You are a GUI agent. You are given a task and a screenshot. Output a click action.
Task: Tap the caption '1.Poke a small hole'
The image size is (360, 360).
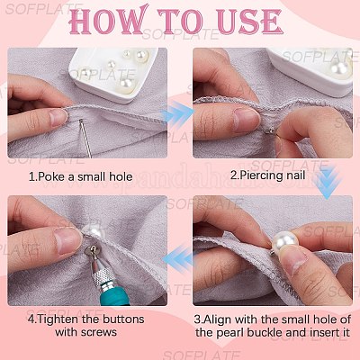click(x=81, y=176)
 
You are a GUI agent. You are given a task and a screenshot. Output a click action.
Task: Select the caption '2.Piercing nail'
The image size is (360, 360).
click(x=267, y=175)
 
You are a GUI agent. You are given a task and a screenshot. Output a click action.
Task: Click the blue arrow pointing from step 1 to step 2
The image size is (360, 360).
click(x=177, y=113)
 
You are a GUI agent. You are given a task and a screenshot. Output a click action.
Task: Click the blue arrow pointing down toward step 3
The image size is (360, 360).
click(x=328, y=183)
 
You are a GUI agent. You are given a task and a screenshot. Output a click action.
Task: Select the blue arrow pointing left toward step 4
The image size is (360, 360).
click(x=179, y=257)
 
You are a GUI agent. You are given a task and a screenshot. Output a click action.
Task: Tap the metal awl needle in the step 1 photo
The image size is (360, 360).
click(x=85, y=138)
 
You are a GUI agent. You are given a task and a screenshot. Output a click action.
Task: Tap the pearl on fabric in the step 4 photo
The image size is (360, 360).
click(x=92, y=230)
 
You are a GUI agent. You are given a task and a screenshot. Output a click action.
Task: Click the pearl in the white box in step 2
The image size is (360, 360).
click(x=339, y=69)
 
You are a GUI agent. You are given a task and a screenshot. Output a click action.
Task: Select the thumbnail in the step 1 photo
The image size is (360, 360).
click(x=58, y=118)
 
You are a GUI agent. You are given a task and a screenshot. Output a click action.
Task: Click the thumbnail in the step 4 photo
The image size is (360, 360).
click(x=68, y=240)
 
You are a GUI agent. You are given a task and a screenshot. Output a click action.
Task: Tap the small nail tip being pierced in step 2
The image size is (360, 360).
click(x=271, y=130)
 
